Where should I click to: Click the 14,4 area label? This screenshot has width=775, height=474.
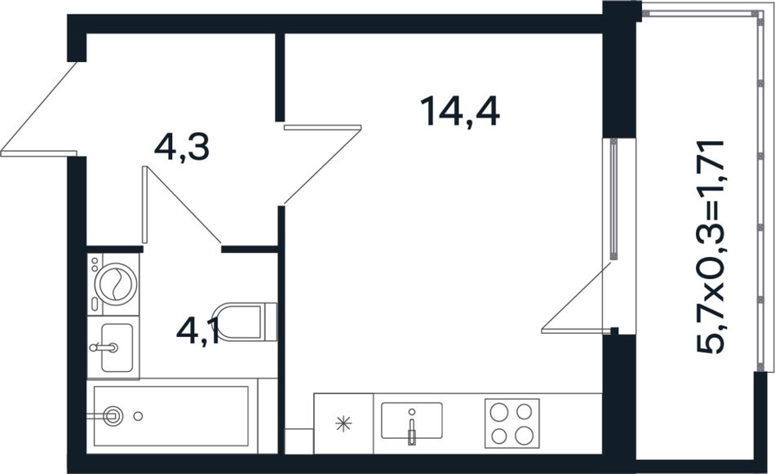coord(459,112)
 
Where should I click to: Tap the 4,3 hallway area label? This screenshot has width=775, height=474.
coord(182,148)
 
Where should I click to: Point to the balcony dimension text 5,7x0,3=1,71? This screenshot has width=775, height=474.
coord(711,246)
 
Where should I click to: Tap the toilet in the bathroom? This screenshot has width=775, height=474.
coord(245,321)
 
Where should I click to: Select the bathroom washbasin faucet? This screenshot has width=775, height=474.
coord(104,347)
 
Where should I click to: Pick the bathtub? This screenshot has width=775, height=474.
coord(171,416)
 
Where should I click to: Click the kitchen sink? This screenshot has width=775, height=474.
coord(412,420)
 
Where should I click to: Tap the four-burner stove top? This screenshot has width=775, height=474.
coord(511,423)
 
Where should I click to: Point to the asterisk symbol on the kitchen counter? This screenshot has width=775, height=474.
coord(343,423)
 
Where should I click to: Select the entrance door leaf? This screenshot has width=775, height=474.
coord(39,153)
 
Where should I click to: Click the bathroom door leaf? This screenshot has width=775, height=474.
coord(145,205)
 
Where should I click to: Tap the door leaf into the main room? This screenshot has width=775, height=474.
coord(323,127)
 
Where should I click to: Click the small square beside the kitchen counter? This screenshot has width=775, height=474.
coord(299,441)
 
